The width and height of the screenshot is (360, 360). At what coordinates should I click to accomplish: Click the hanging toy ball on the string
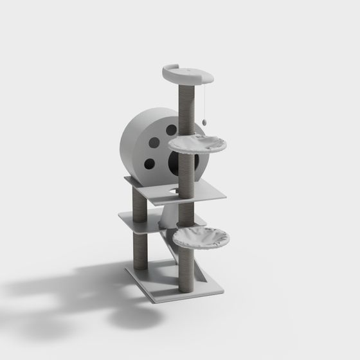(204, 120)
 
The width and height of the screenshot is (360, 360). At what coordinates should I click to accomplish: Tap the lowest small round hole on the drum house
(149, 163)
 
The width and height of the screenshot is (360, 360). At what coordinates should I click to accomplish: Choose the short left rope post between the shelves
(138, 204)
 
